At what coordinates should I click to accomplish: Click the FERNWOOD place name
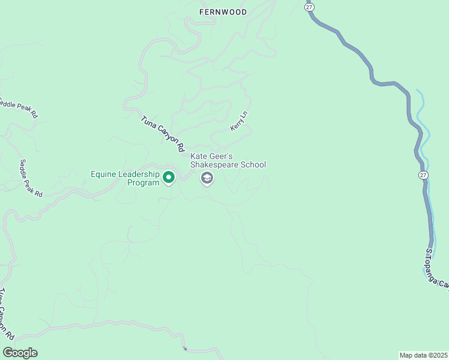pos(223,11)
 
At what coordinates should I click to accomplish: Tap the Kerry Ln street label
pos(238,121)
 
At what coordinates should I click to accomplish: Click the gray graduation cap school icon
pos(207,178)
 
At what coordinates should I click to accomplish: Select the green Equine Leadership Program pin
pos(169,177)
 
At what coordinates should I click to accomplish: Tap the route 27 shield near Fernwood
pos(309,6)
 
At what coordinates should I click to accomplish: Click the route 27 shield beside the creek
pos(424,175)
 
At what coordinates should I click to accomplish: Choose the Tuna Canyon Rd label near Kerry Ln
pos(161,130)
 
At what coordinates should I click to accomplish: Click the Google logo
pos(20,352)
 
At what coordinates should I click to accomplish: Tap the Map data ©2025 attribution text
pos(423,355)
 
